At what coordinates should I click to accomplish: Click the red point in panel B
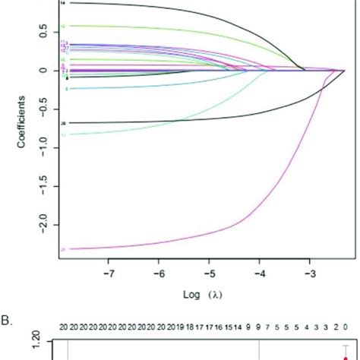point(346,351)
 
